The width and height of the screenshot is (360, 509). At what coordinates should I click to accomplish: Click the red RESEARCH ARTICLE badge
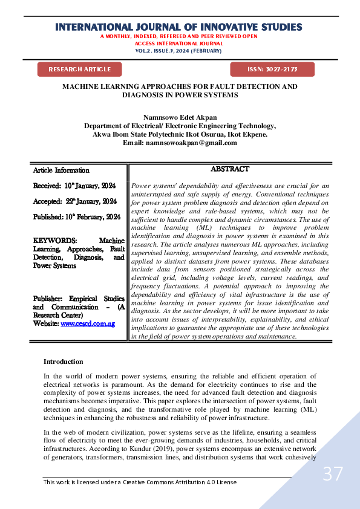tap(79, 70)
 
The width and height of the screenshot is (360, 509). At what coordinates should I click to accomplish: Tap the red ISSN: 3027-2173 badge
tap(272, 70)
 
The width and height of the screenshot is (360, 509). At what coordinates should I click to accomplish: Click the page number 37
tap(332, 474)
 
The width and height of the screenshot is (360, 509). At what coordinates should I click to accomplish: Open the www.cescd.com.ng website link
tap(88, 324)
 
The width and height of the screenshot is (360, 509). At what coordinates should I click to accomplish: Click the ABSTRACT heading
tap(229, 170)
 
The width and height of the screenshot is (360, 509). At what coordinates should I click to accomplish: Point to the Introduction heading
tap(63, 361)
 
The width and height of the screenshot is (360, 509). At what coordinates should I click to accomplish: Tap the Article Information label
tap(61, 170)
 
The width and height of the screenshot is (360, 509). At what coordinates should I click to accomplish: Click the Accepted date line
tap(75, 201)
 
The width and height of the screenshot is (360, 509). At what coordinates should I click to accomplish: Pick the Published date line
tap(77, 216)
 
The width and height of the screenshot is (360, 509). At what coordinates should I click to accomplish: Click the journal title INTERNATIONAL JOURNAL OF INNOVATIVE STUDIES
tap(178, 27)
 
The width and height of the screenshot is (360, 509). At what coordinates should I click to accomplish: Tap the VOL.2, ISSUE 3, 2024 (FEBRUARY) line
tap(178, 51)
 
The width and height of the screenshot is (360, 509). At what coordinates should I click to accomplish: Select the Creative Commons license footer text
tap(140, 482)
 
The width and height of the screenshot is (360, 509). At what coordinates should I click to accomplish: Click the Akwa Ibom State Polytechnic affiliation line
tap(180, 134)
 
